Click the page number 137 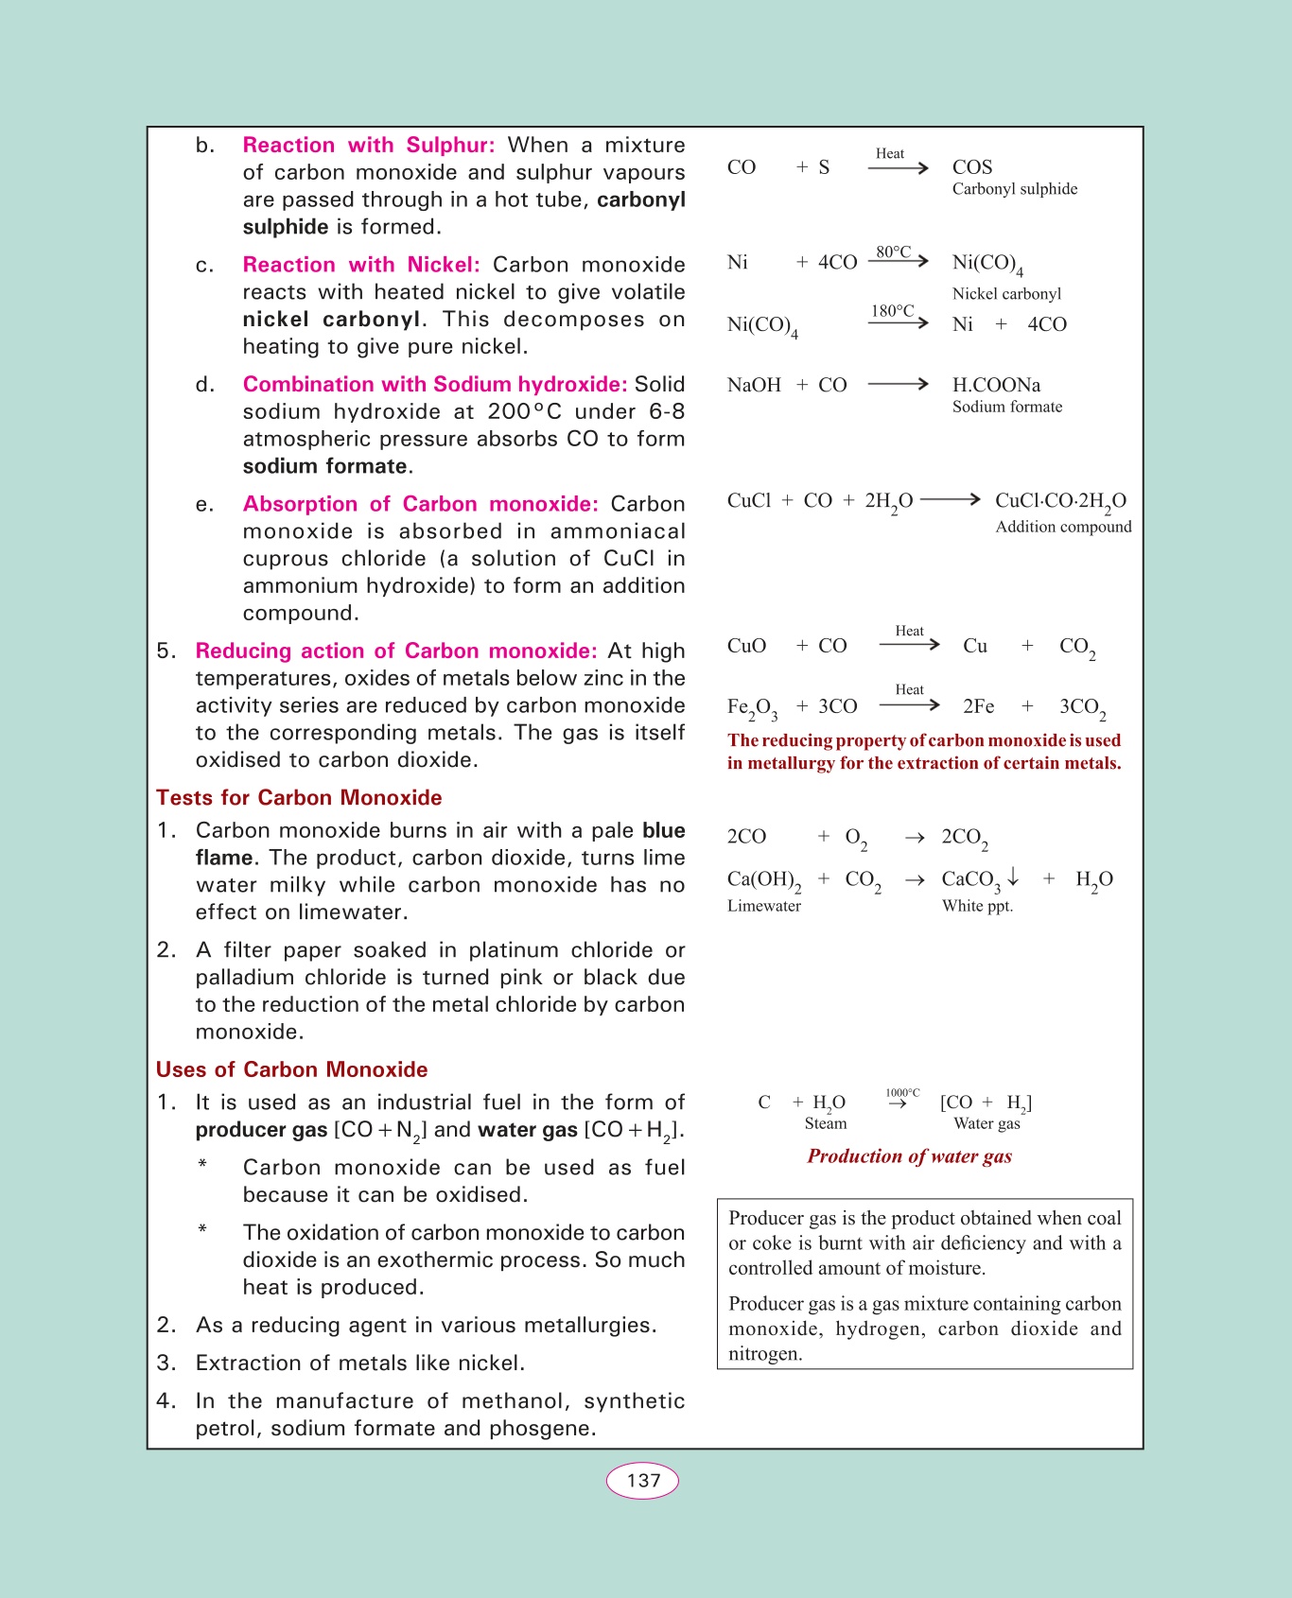pos(643,1480)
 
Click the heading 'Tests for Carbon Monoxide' pos(299,797)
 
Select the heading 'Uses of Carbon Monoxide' pos(291,1069)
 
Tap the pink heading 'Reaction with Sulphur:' pos(369,145)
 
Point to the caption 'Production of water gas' pos(909,1156)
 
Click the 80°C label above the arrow pos(893,252)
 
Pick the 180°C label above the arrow pos(893,311)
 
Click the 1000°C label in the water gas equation pos(902,1093)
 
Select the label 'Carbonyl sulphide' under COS pos(1014,189)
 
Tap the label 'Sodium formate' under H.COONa pos(1006,407)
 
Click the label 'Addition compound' pos(1063,527)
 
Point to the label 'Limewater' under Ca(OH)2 pos(763,906)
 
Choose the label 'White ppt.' pos(977,906)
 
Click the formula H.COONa pos(996,385)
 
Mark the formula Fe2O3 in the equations pos(752,707)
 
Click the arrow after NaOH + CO pos(898,384)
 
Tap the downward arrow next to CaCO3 pos(1013,877)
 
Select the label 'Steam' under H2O pos(826,1123)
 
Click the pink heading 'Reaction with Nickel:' pos(361,265)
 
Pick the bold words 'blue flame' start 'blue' pos(664,830)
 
